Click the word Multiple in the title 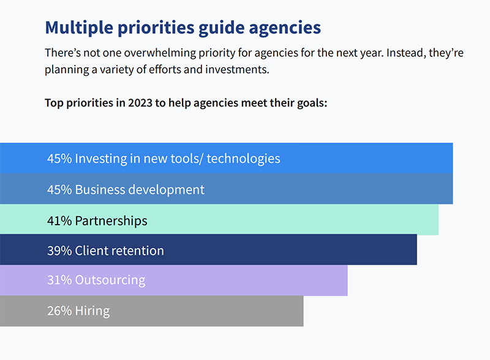[x=79, y=28]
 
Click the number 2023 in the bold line [x=140, y=103]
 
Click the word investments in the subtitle [x=237, y=69]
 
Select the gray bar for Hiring [x=151, y=311]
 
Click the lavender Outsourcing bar [x=174, y=280]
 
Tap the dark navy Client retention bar [x=208, y=250]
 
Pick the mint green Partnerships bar [x=219, y=220]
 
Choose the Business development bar [x=226, y=189]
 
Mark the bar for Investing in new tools [x=226, y=158]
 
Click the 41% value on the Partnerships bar [x=59, y=221]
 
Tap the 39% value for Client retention [x=59, y=251]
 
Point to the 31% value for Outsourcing [x=59, y=280]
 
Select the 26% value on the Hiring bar [x=59, y=311]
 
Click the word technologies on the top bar [x=243, y=159]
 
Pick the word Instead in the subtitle [x=406, y=53]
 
